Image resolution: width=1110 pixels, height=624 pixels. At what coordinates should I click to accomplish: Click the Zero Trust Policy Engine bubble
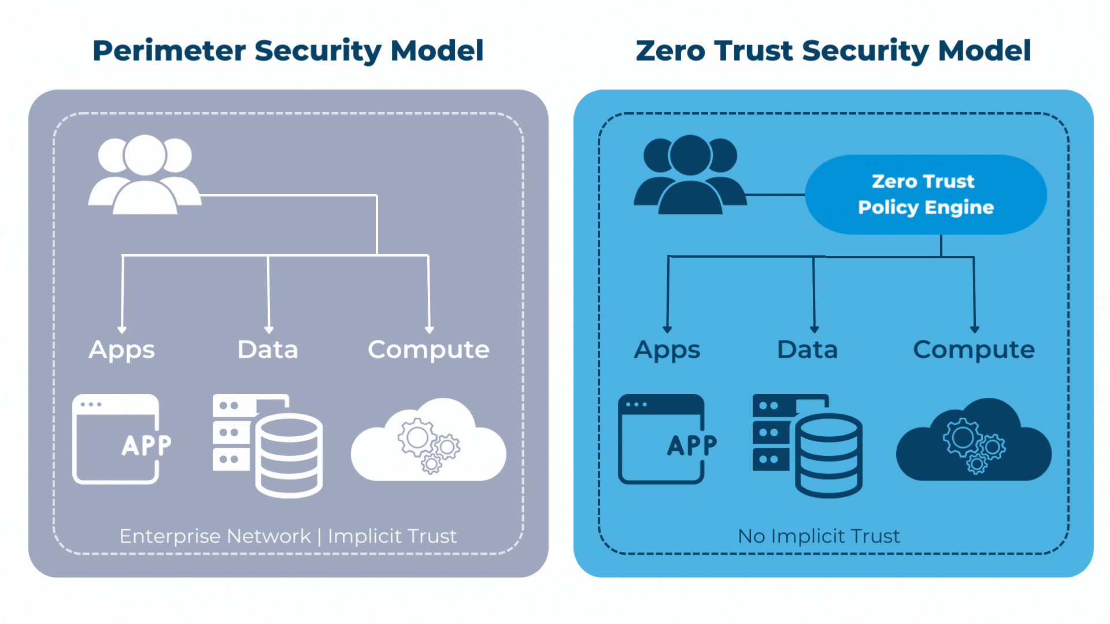[925, 194]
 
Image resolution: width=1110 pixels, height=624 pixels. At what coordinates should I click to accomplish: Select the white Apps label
[122, 350]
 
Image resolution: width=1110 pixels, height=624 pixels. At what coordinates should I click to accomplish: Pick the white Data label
[268, 350]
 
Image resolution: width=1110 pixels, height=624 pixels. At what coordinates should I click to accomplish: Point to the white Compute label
[428, 350]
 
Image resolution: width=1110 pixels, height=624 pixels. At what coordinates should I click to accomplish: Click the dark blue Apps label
[667, 350]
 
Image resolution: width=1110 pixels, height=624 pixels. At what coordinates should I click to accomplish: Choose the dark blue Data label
[807, 350]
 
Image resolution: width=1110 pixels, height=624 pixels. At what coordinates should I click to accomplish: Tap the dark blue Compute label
[974, 350]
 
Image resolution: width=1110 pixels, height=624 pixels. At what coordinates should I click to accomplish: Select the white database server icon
[267, 445]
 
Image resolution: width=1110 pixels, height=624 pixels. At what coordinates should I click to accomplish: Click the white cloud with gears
[428, 442]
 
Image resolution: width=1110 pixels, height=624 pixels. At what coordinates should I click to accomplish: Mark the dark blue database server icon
[807, 445]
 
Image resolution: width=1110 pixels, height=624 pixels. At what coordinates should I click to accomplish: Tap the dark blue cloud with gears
[974, 442]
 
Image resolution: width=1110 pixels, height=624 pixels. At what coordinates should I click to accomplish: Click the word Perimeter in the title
[169, 51]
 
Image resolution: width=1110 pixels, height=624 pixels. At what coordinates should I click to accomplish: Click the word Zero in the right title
[670, 51]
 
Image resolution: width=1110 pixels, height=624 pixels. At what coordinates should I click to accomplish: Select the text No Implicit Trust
[819, 536]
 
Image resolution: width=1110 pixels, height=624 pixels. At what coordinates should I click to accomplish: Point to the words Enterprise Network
[215, 536]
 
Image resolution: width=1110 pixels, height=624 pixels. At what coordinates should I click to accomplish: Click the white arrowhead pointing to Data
[269, 330]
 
